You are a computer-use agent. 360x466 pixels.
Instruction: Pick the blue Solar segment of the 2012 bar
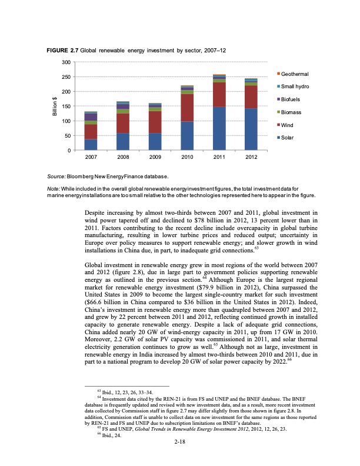[x=251, y=129]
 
